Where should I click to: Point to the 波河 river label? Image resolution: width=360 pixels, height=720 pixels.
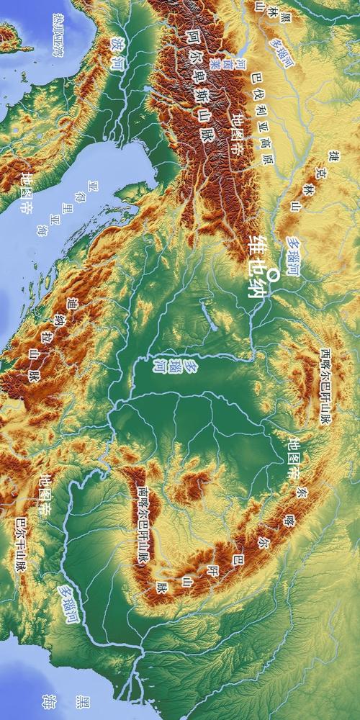117,53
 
